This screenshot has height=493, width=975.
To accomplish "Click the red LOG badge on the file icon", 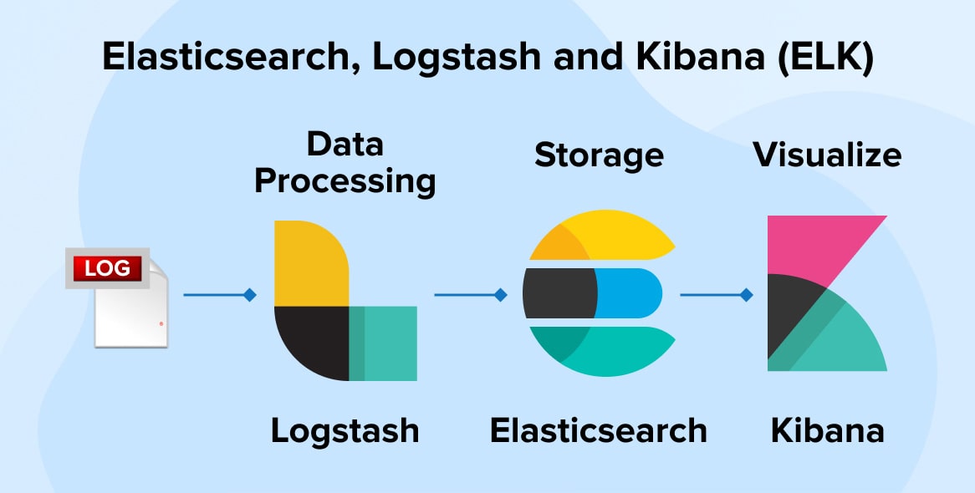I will click(107, 269).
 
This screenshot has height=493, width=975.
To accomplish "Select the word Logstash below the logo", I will click(345, 431).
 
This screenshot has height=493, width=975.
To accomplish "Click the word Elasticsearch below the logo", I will click(598, 431).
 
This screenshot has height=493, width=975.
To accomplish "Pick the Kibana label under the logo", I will click(827, 431).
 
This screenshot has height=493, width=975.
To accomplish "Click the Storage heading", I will click(599, 155).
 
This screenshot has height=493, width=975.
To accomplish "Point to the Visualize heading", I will click(827, 155).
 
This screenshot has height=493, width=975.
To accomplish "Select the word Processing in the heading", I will click(345, 181).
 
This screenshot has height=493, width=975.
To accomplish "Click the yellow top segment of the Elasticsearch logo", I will click(610, 234).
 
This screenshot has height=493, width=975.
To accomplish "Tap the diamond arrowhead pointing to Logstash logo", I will click(249, 295).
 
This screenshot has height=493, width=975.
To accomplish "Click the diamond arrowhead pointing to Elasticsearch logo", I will click(500, 295).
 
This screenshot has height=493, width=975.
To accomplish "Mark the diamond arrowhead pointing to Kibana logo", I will click(747, 295).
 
